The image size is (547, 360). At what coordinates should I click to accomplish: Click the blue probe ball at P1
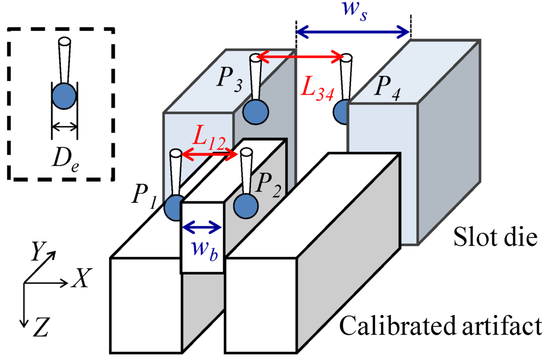point(174,208)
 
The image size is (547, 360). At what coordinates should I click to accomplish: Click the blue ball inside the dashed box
point(64,96)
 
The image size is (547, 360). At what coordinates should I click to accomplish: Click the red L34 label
point(317,89)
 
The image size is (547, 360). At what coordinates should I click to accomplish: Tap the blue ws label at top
point(354,11)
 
